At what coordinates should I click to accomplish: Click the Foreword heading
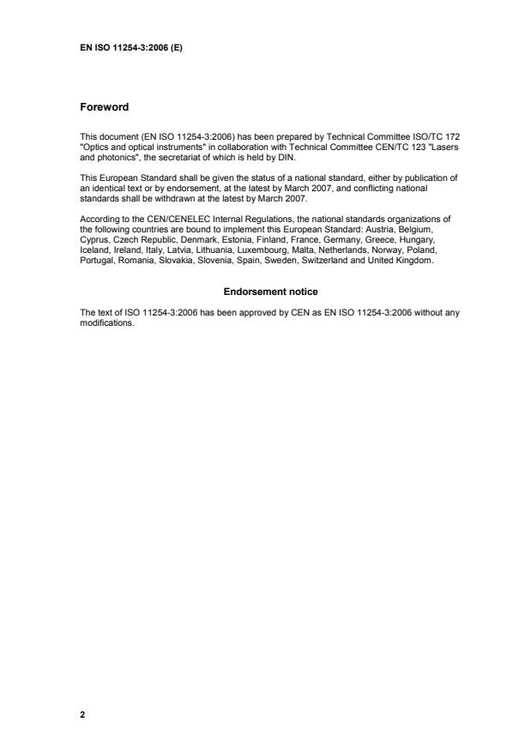point(104,107)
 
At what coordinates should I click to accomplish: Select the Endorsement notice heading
point(270,292)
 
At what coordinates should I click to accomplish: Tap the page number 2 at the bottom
point(82,713)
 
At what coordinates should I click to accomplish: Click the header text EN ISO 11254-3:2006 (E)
point(130,47)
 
